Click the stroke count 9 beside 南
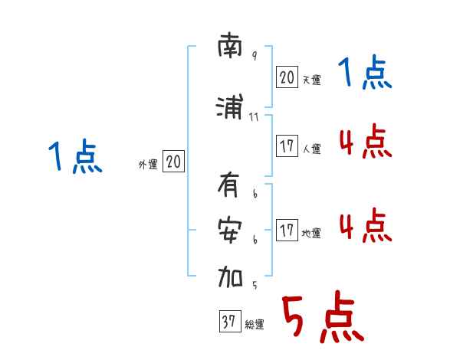[254, 57]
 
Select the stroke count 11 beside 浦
[255, 117]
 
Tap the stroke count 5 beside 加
[254, 285]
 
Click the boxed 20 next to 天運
[287, 77]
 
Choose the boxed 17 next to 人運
[287, 146]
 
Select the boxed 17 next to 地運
[287, 231]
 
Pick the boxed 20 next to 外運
[173, 162]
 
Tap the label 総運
[254, 326]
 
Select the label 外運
[147, 165]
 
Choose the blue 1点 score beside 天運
[364, 74]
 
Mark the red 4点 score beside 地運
[364, 227]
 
